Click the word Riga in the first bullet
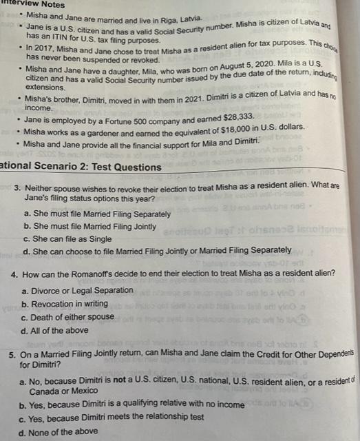(x=171, y=17)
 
